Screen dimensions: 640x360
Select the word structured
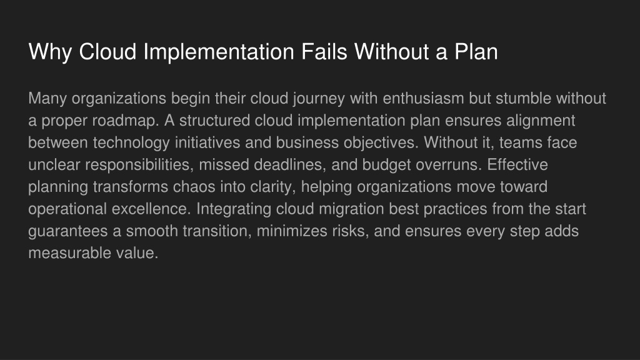215,121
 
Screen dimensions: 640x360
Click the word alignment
541,121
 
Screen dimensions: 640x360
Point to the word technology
131,143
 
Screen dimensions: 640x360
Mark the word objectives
381,143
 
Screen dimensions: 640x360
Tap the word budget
386,165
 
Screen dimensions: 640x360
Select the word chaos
194,186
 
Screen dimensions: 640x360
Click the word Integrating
234,209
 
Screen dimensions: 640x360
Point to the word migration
351,209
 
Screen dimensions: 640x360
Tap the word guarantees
69,231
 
